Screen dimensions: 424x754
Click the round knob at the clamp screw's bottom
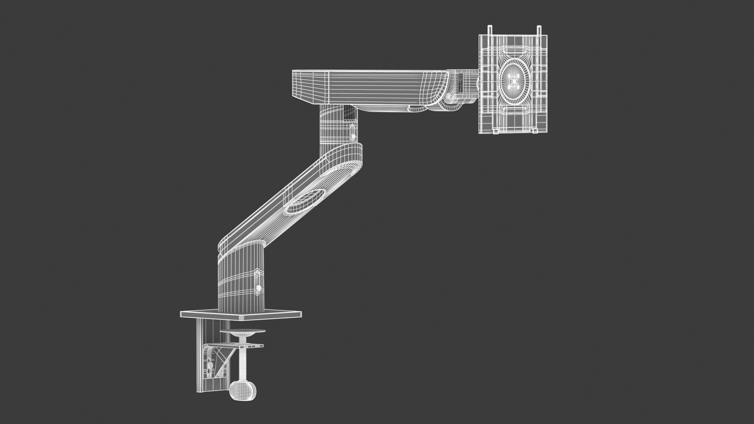[242, 390]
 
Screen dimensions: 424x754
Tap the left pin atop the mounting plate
[490, 30]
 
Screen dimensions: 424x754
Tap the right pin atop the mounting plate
[539, 30]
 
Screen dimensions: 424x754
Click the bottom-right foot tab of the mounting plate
[535, 131]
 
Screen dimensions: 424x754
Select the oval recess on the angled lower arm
[305, 202]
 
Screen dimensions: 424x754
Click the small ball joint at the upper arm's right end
[448, 96]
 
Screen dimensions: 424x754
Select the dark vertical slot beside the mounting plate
[460, 82]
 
